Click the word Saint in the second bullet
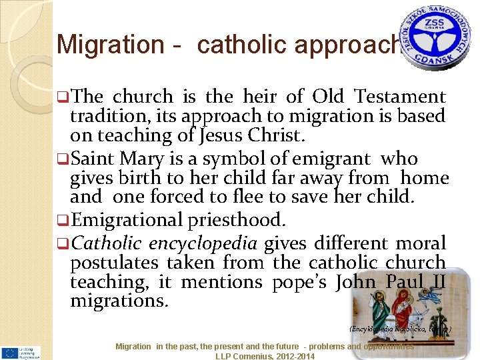[95, 159]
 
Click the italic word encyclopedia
[204, 243]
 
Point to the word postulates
[114, 263]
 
